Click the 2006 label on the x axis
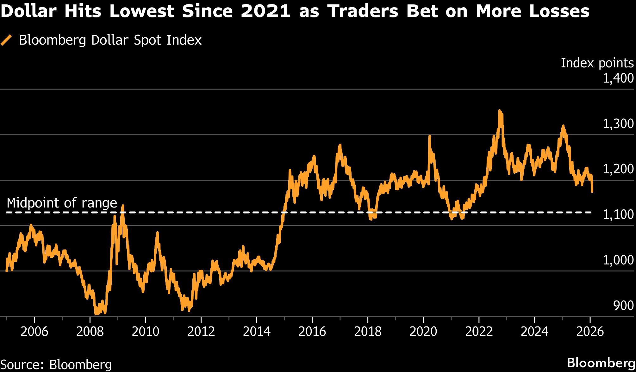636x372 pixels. click(34, 332)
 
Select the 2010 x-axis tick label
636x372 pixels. click(145, 332)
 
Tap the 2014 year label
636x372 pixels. click(257, 332)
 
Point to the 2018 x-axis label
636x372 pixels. click(368, 332)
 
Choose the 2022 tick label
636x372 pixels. click(479, 332)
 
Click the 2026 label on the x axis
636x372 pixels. click(590, 332)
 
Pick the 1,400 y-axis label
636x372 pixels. click(618, 78)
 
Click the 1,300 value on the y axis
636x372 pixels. click(618, 124)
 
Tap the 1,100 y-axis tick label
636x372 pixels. click(618, 214)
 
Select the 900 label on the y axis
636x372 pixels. click(623, 306)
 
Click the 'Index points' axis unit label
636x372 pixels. click(597, 63)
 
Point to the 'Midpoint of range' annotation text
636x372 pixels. click(62, 203)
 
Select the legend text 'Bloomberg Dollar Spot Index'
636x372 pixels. click(110, 40)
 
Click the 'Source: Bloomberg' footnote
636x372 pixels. click(56, 364)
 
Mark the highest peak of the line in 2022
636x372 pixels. click(499, 111)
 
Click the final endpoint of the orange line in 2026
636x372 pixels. click(592, 191)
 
